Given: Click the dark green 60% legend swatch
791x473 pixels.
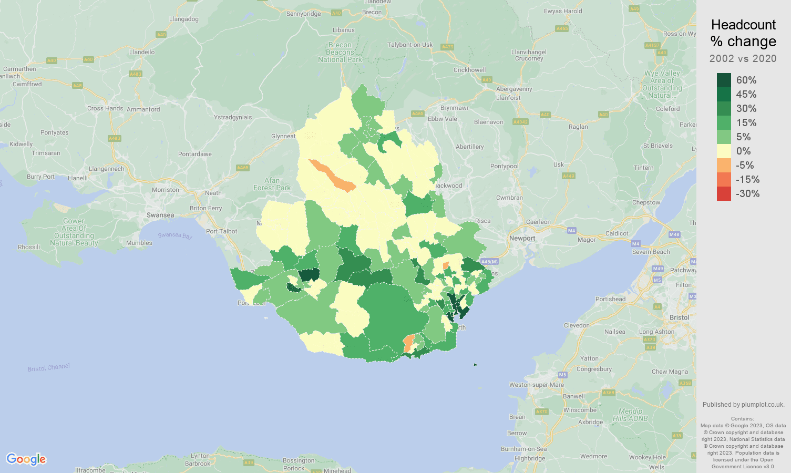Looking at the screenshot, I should pos(724,80).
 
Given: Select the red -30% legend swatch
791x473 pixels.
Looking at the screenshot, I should pos(724,193).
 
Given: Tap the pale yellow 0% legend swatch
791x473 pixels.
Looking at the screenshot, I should pos(724,151).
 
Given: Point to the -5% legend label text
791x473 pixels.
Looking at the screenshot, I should pos(745,165).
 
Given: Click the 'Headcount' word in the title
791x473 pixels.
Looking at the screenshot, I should pos(743,25).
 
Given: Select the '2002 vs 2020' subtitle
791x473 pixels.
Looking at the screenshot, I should pos(743,58).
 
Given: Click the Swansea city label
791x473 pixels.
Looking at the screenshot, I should pos(160,215).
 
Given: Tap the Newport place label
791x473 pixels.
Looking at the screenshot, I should pos(522,238).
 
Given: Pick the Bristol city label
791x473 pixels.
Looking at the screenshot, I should pos(679,317).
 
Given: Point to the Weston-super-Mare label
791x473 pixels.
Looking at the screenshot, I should pos(536,385).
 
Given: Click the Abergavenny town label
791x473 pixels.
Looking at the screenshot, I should pos(514,89).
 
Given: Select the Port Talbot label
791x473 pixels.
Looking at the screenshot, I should pos(221,231).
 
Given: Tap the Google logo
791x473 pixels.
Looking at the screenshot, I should pos(26,459).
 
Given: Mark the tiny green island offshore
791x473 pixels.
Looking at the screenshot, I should pos(475,364).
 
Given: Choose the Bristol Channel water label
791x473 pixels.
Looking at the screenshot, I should pos(48,368).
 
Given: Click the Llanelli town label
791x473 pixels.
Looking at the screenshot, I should pos(78,178).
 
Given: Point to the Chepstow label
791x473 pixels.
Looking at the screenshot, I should pos(646,202).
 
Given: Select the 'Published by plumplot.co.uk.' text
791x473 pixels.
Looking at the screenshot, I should pos(743,405).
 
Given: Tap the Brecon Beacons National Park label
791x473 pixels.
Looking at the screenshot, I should pos(340,52).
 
